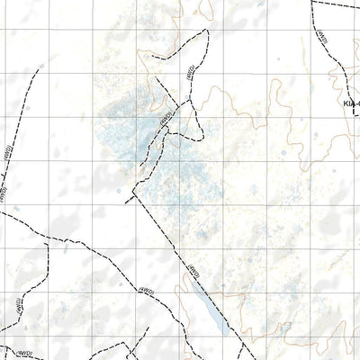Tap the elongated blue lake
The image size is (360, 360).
coord(202,307)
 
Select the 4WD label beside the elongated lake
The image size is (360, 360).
coord(192,267)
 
